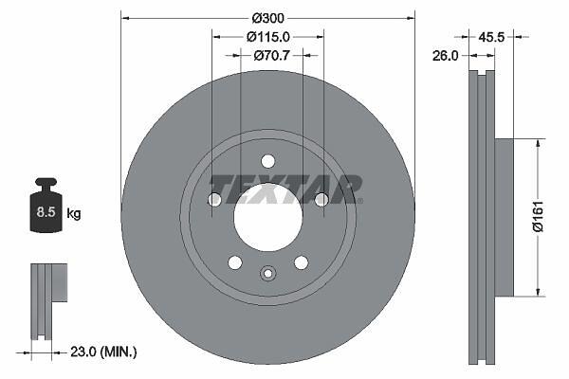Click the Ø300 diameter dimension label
coord(268,18)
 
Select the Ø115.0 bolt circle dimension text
coord(268,37)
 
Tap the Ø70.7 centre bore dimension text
coord(272,55)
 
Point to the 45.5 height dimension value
coord(491,37)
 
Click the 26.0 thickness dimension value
coord(446,56)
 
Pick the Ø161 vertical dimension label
coord(538,216)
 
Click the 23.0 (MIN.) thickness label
coord(103,352)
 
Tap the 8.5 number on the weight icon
coord(46,212)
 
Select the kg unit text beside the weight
coord(74,213)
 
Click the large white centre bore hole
coord(268,217)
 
